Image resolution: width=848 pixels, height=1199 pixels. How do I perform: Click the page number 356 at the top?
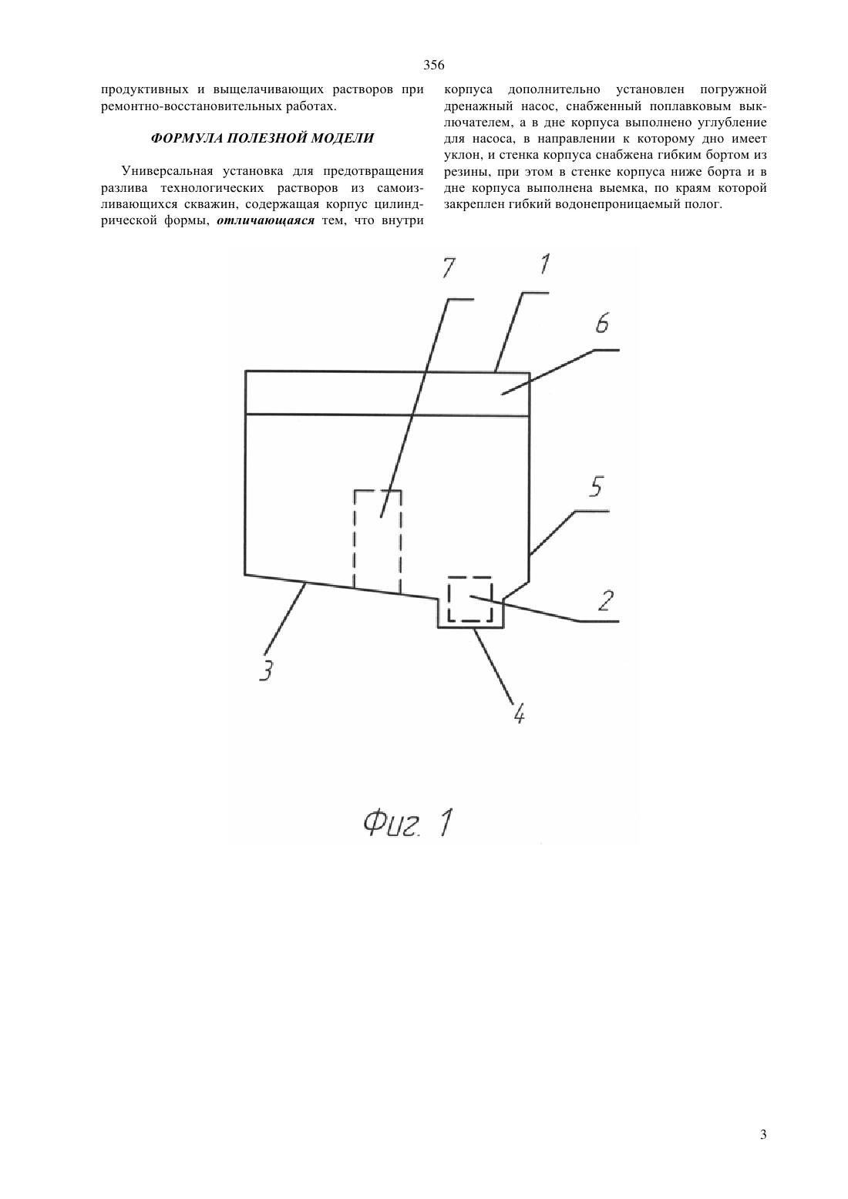point(433,65)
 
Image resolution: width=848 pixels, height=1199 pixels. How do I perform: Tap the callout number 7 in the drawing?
point(449,267)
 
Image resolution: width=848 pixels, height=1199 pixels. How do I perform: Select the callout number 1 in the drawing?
point(544,264)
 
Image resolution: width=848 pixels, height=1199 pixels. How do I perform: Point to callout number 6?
point(602,324)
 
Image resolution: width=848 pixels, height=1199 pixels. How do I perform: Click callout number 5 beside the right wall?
point(595,486)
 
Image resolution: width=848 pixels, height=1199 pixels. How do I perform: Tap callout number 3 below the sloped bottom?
point(266,670)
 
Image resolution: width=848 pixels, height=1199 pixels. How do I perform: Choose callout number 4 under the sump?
point(519,713)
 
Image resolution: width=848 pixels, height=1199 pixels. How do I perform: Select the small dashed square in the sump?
point(449,599)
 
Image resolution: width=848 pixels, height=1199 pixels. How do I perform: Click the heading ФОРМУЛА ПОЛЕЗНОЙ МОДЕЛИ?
point(262,139)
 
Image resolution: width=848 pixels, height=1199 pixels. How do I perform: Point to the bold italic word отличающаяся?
point(265,221)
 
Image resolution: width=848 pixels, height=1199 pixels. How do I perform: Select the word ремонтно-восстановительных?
point(189,106)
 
